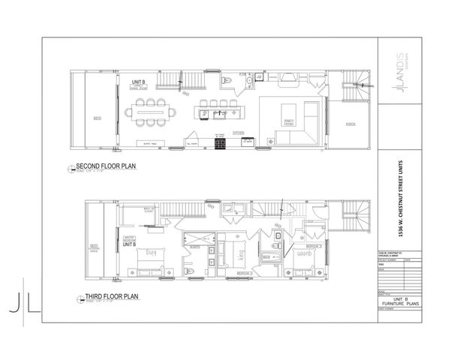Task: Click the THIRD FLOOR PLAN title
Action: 102,298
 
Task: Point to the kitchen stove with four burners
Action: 221,143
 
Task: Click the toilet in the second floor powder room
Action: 227,80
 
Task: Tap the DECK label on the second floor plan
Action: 98,118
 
